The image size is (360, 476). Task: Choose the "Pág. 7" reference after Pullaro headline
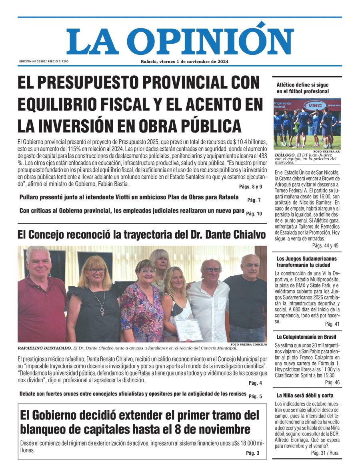click(x=254, y=200)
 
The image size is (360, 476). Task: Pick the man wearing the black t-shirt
click(x=247, y=300)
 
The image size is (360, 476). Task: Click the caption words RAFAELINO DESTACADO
click(x=44, y=348)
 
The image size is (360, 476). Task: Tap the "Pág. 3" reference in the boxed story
click(x=253, y=453)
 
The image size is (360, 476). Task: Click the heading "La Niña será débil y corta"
click(x=305, y=396)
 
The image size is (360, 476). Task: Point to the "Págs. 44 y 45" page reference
click(x=325, y=245)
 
